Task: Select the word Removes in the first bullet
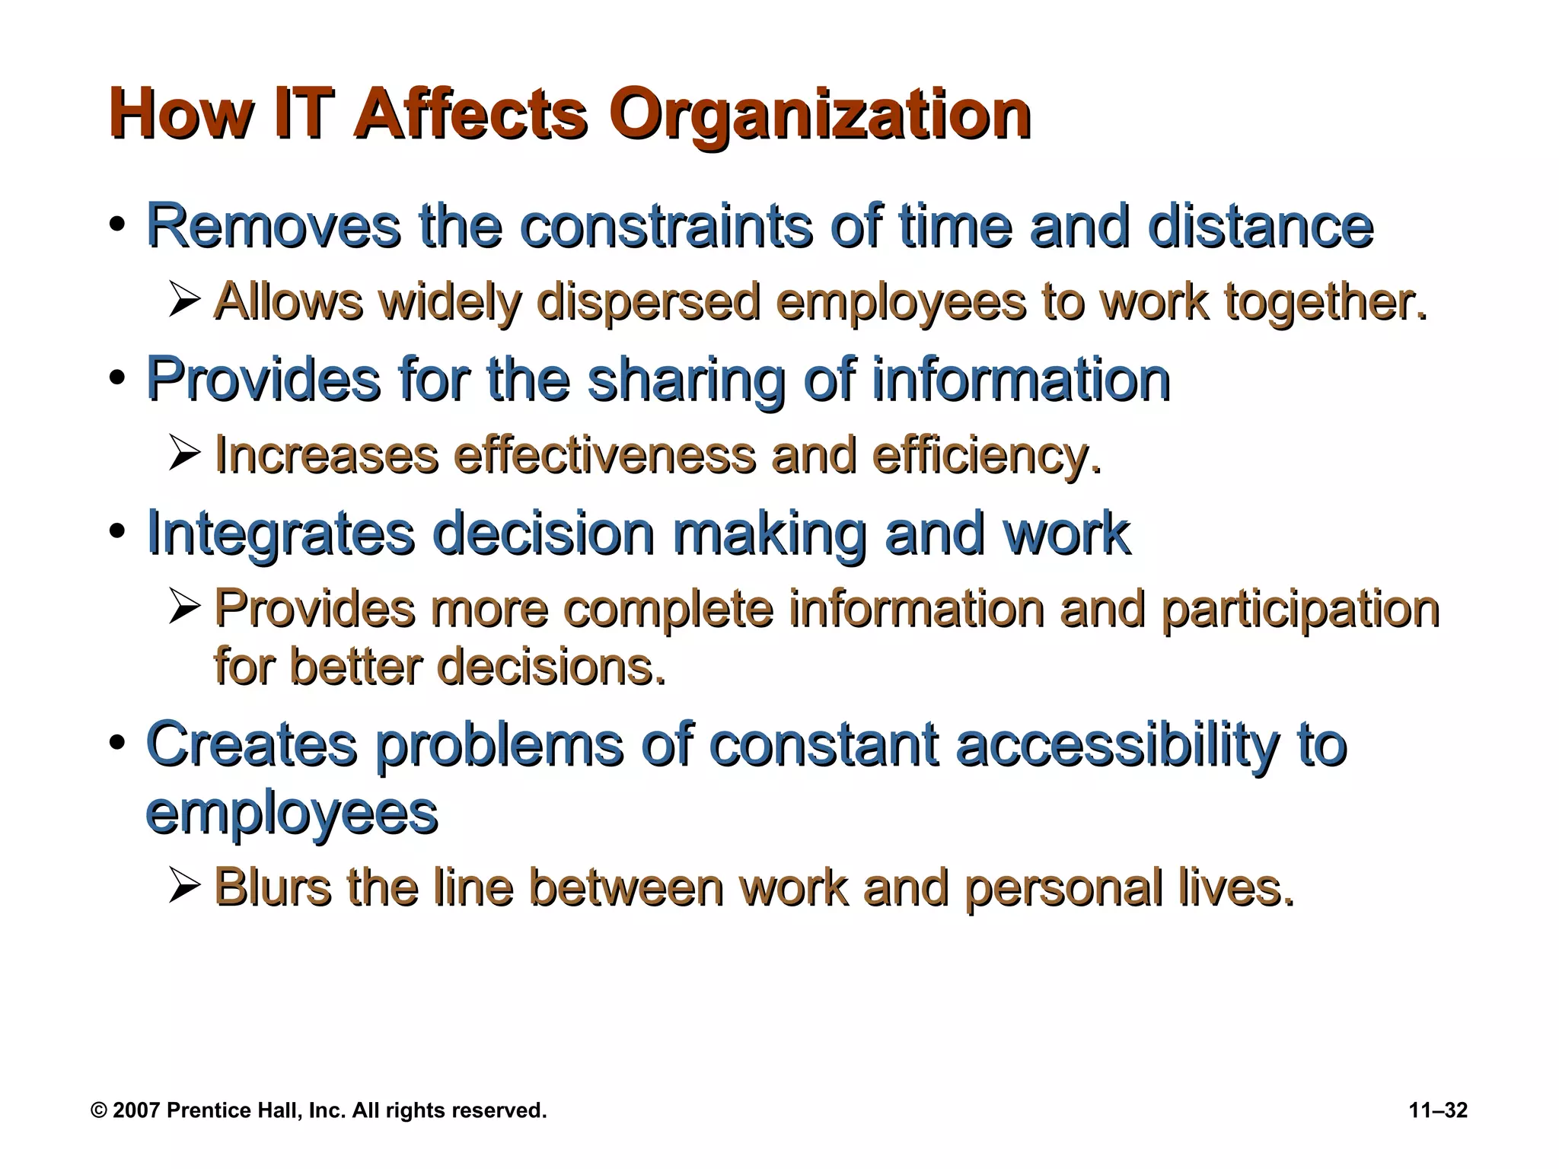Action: click(273, 226)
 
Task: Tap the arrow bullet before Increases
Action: click(184, 454)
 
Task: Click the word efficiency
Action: click(987, 456)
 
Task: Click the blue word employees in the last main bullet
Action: click(292, 814)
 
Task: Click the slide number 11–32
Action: click(1438, 1110)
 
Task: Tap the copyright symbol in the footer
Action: click(99, 1110)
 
